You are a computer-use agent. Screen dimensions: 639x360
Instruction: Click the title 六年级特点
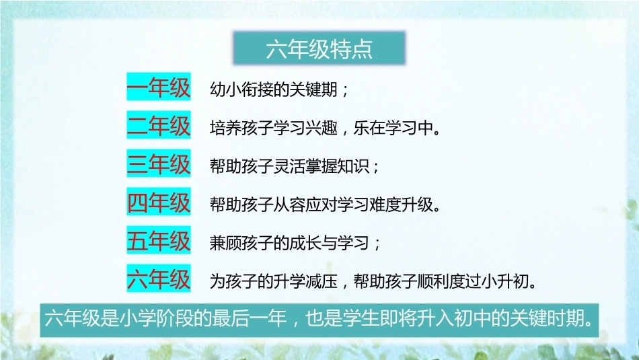[319, 48]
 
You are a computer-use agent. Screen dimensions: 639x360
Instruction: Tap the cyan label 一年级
[159, 86]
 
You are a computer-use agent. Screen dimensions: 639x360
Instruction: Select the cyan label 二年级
[159, 124]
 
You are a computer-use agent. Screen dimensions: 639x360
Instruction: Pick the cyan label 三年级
[159, 163]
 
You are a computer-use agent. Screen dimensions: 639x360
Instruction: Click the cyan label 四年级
[159, 201]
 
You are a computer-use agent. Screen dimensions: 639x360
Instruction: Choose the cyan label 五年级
[159, 240]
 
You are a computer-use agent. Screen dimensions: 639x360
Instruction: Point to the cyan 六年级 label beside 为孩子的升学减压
[159, 278]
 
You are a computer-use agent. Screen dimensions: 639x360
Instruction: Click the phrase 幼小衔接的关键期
[274, 89]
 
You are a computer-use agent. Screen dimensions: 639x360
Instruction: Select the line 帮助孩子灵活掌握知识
[289, 166]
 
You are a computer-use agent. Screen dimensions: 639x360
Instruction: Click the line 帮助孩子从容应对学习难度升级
[321, 205]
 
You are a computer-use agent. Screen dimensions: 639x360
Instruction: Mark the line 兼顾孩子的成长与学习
[289, 243]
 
